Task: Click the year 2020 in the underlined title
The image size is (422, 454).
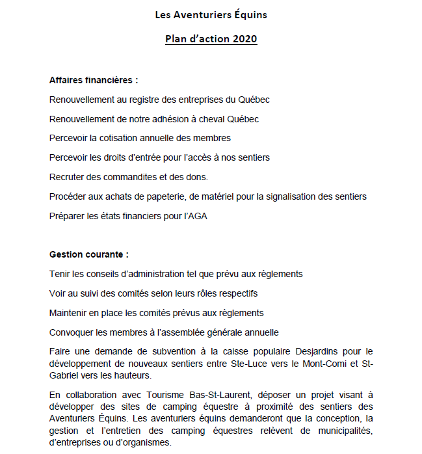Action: point(244,39)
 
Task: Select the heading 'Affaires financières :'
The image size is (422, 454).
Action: point(94,81)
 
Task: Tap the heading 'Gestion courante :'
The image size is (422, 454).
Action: point(89,254)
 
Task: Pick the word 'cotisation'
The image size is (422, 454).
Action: point(122,138)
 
